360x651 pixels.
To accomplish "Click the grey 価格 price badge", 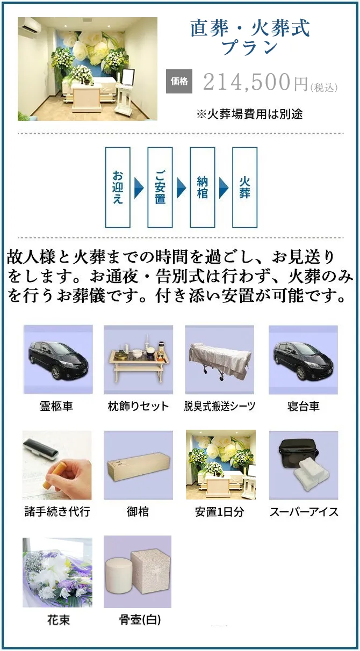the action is pos(179,82).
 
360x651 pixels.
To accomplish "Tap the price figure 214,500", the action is pos(247,82).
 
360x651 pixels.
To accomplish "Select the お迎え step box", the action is pos(118,187).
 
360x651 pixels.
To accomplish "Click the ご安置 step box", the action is pos(160,187).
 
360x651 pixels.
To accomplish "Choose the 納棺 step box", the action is pos(203,187).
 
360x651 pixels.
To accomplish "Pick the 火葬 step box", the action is pos(244,187).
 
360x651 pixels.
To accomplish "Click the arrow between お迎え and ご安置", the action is pos(139,188).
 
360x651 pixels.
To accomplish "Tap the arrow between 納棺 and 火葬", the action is pos(224,188).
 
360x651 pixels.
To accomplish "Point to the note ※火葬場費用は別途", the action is pos(249,114).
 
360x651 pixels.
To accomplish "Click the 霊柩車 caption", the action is pos(56,406).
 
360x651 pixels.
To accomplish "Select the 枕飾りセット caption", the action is pos(138,406).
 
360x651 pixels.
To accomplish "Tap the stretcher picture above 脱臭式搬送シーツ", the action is pos(220,360).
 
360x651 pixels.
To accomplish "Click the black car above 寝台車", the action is pos(303,360).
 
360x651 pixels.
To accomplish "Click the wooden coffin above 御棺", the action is pos(139,468).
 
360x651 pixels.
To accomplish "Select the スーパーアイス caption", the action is pos(304,512).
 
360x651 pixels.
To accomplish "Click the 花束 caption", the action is pos(59,620).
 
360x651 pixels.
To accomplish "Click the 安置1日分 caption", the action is pos(220,512).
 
